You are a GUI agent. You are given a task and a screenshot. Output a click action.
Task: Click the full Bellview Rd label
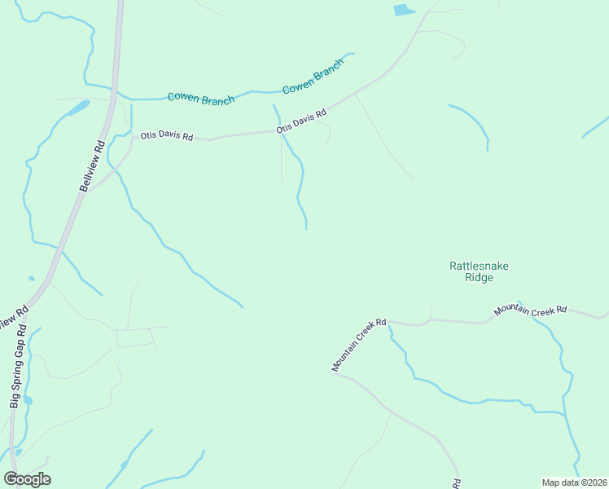point(93,166)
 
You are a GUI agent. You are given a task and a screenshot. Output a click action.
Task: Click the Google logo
point(27,478)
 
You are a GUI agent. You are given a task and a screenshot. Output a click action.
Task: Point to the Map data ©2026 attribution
point(574,482)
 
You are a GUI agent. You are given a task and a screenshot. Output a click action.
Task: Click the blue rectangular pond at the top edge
point(404,11)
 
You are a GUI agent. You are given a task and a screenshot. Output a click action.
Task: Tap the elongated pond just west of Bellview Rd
point(79,108)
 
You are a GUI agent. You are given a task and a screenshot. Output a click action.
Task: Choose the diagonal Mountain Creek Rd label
point(358,345)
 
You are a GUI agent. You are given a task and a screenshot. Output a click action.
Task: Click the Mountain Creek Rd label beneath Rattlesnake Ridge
point(529,311)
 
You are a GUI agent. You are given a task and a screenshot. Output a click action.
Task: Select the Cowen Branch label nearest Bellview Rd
point(200,98)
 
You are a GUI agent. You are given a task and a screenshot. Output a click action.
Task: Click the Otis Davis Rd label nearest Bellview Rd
point(166,136)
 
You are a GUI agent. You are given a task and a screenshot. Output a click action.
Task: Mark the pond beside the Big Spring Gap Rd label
point(28,400)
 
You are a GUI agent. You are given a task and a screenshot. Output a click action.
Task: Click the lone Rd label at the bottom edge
point(458,482)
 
